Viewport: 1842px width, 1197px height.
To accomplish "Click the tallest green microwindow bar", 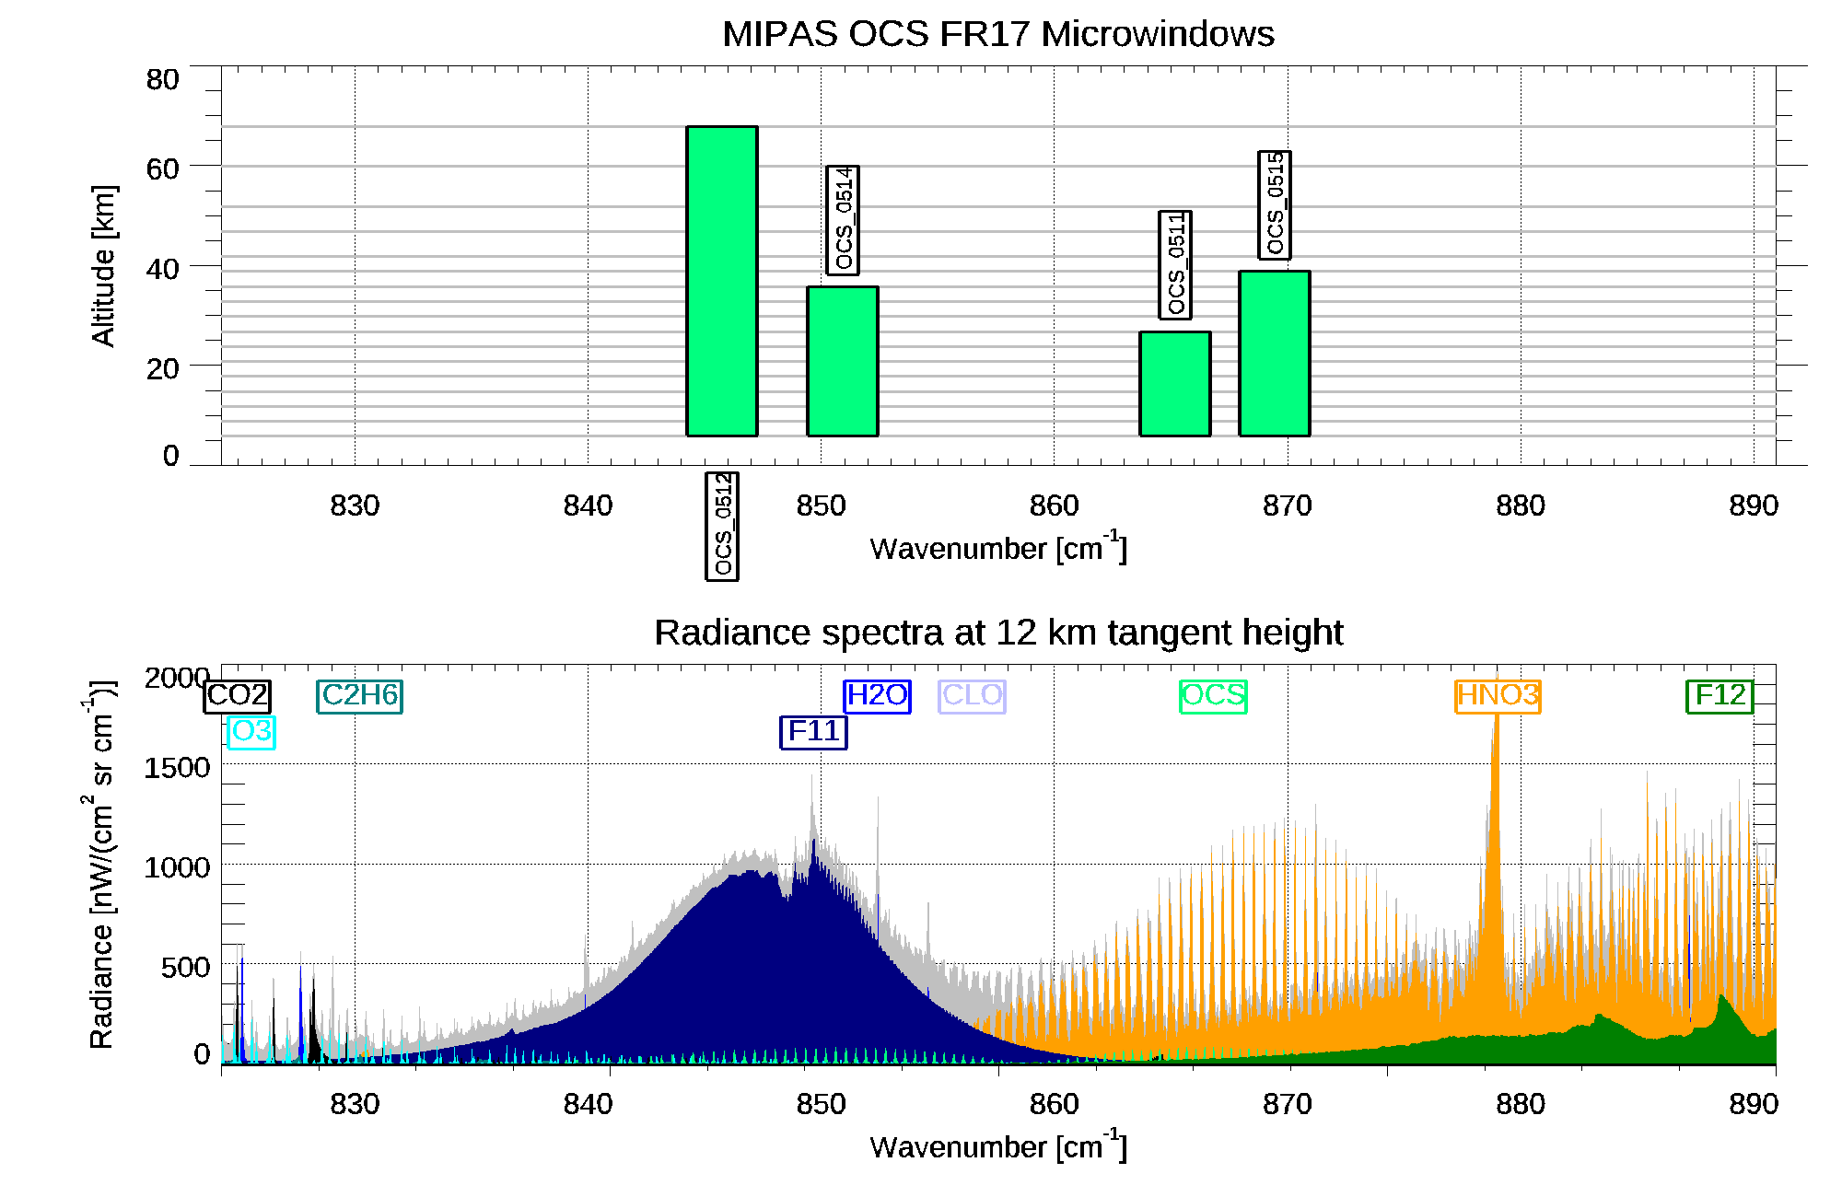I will [722, 281].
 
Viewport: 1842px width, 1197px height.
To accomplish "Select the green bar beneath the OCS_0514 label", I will [843, 361].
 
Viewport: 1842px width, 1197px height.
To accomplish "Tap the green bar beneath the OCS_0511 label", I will [1175, 383].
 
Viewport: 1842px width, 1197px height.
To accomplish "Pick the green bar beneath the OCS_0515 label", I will [1275, 353].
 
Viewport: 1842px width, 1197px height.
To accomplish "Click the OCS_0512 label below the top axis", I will [723, 525].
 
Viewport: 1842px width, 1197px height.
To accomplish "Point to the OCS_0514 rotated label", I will [843, 220].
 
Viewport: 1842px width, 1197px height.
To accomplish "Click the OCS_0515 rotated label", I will [1275, 204].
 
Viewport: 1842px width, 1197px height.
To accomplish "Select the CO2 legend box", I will [237, 696].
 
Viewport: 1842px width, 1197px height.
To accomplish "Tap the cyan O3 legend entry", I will [251, 732].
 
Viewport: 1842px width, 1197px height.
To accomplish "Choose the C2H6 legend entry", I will [360, 695].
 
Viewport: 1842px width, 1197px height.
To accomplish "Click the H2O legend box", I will [877, 695].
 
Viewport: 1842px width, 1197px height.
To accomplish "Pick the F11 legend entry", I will [813, 732].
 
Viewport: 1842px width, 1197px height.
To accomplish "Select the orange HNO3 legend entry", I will [1498, 695].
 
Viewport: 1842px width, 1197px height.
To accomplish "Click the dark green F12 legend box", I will [1720, 695].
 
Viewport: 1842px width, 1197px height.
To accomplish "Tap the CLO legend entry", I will [972, 695].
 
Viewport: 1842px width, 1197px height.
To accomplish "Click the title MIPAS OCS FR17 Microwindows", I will [998, 34].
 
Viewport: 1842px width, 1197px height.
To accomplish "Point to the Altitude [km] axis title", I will [103, 265].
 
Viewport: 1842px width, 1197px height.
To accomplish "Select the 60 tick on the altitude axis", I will [162, 169].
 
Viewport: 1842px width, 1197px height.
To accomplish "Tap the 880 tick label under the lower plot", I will [1520, 1104].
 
